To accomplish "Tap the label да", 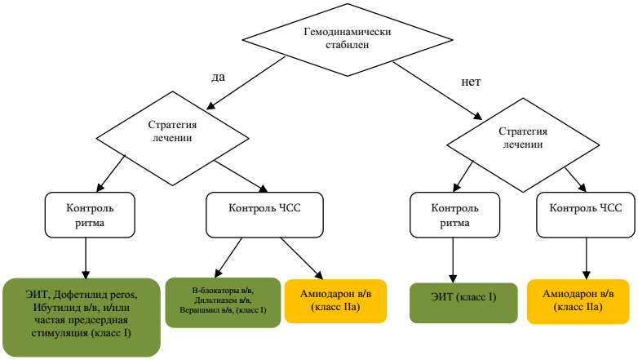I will point(219,76).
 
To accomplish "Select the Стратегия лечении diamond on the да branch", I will point(171,131).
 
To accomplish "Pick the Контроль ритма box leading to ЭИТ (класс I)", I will point(449,216).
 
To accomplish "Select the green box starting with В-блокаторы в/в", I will point(223,303).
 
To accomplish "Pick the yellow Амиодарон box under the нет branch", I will point(578,300).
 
